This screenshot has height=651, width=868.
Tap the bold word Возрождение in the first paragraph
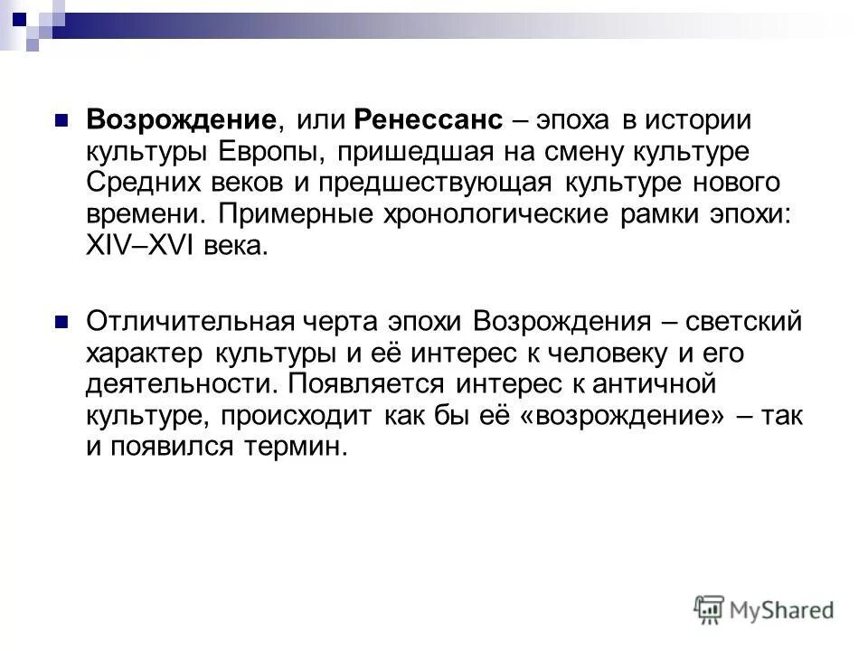pos(180,121)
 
